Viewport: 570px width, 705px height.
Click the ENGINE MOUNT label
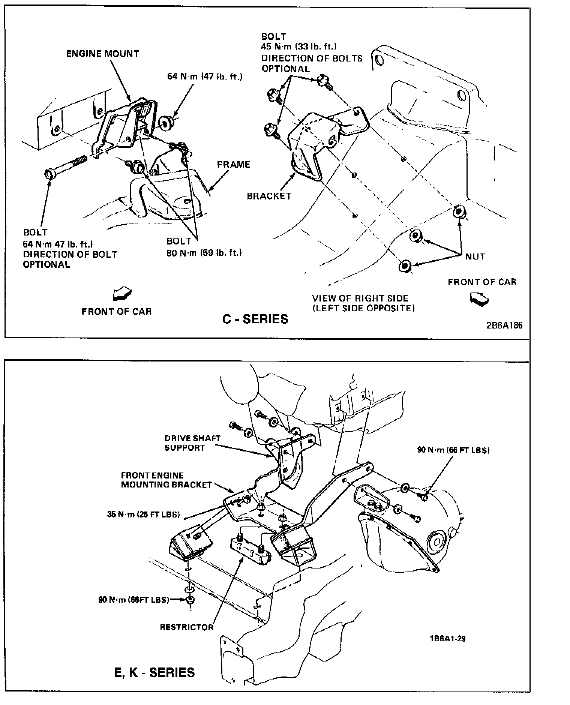pyautogui.click(x=102, y=54)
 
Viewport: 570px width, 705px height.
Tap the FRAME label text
pyautogui.click(x=233, y=165)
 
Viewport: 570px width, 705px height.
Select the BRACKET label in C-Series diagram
pyautogui.click(x=269, y=196)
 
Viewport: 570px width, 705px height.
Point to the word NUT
pyautogui.click(x=475, y=256)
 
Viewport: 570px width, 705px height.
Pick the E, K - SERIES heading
pyautogui.click(x=154, y=672)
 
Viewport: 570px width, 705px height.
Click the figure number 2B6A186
pyautogui.click(x=504, y=325)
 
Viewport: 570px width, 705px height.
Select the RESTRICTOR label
pyautogui.click(x=186, y=627)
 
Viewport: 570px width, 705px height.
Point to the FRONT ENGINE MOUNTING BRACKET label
pyautogui.click(x=166, y=480)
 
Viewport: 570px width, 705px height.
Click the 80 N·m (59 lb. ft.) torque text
pyautogui.click(x=204, y=252)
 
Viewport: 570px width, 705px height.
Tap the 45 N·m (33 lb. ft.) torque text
pyautogui.click(x=298, y=46)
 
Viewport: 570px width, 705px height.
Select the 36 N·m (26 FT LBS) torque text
pyautogui.click(x=143, y=514)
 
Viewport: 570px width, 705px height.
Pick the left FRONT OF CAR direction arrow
pyautogui.click(x=122, y=294)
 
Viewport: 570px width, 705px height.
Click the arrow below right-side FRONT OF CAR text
pyautogui.click(x=479, y=298)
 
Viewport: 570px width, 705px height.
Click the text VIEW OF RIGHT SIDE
pyautogui.click(x=360, y=298)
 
